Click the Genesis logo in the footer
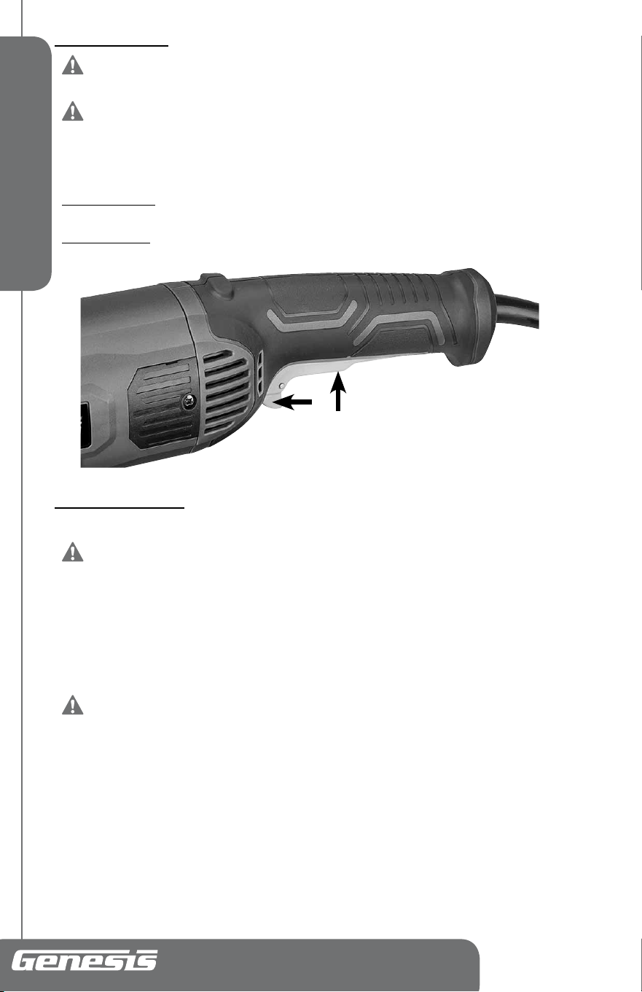click(84, 960)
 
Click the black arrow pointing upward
click(338, 392)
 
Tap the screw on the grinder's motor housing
click(189, 402)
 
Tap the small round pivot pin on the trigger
click(283, 386)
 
